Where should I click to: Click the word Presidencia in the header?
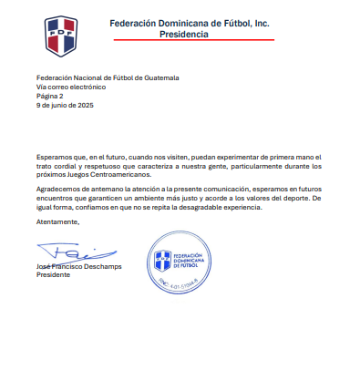184,34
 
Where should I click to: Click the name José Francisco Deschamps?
79,265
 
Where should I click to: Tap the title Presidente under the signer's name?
53,273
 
